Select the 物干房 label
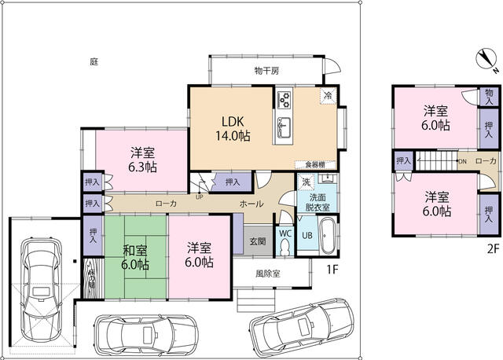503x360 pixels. pos(266,71)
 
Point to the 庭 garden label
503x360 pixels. pos(94,61)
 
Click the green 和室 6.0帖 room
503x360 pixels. pos(135,257)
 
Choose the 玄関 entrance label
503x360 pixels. pos(257,241)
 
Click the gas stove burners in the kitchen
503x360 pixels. pos(284,100)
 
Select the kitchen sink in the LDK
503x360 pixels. pos(284,126)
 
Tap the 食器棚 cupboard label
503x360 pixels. pos(316,164)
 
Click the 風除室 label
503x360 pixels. pos(268,274)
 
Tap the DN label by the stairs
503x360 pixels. pos(462,162)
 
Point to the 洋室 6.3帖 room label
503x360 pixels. pos(142,160)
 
